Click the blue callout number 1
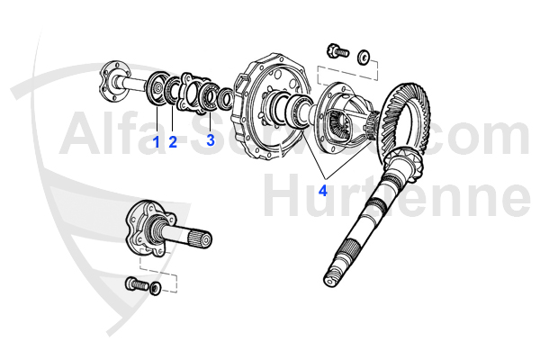155,141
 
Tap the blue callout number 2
172,141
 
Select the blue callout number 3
210,140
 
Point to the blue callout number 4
321,190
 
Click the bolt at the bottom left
136,285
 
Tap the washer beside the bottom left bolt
156,289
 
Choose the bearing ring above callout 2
173,91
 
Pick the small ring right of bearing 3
228,96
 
